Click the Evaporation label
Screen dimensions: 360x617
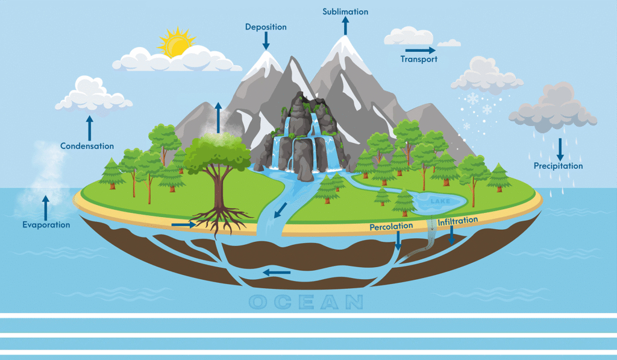(46, 225)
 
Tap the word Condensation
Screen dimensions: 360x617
(87, 146)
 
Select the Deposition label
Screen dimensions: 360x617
(266, 27)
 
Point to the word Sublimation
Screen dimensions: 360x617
(345, 11)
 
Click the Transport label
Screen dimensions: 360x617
(419, 59)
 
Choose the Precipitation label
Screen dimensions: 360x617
(558, 166)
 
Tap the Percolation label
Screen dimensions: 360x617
(392, 226)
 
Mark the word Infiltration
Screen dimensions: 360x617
(458, 221)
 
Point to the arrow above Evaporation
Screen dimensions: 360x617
(46, 206)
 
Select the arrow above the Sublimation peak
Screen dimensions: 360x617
(345, 26)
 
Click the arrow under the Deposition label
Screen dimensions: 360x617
(266, 41)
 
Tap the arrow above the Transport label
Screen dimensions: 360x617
(420, 49)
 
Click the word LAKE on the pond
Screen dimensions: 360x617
(436, 200)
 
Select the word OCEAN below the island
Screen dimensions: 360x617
(305, 302)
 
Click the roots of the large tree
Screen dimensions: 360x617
(215, 223)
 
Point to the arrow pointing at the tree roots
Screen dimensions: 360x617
(183, 225)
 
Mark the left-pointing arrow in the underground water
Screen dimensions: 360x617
(277, 273)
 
